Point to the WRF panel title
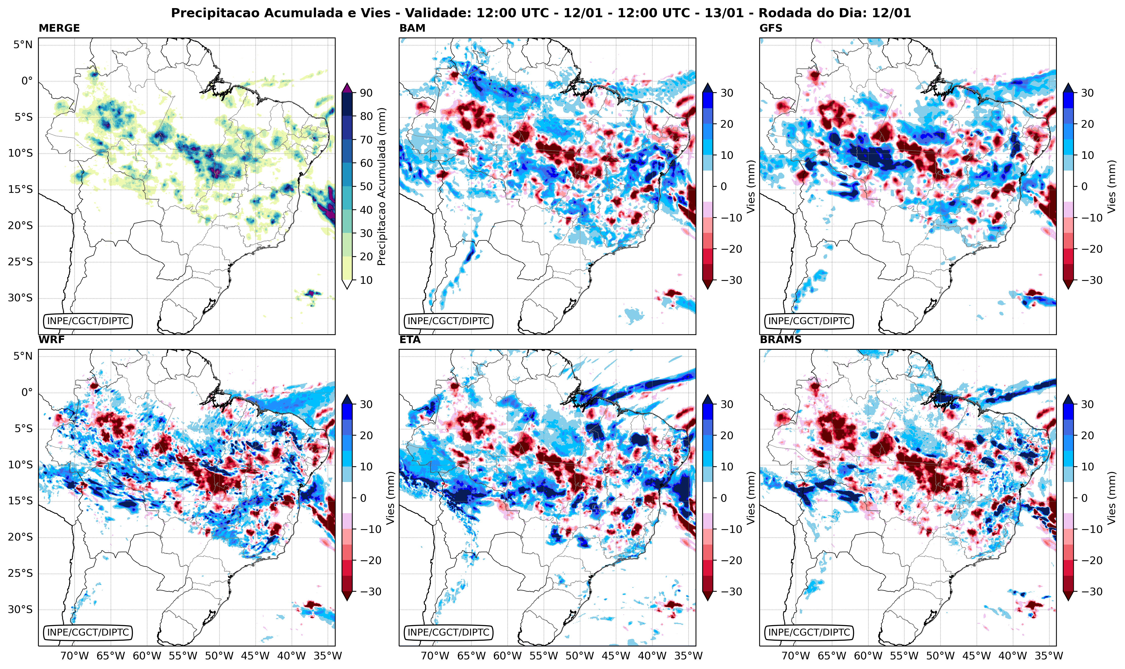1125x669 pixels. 51,340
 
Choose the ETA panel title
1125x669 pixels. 410,340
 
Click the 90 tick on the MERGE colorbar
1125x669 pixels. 366,93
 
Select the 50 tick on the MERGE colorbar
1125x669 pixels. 366,187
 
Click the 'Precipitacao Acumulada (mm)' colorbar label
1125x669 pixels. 382,187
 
